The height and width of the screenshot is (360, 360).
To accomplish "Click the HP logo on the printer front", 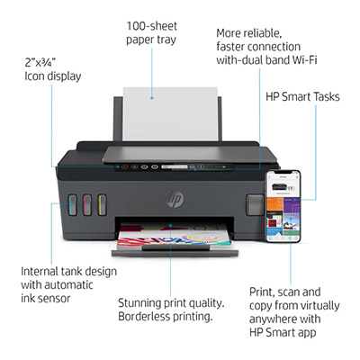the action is click(x=175, y=198).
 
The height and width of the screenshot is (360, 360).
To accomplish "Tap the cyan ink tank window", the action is click(x=72, y=205).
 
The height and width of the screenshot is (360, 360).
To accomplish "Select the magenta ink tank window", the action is click(x=87, y=205).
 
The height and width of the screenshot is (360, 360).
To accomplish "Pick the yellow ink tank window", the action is click(x=102, y=205).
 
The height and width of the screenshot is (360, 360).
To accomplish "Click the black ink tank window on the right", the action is click(x=255, y=205).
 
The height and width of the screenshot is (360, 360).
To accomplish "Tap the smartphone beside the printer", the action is click(x=283, y=206).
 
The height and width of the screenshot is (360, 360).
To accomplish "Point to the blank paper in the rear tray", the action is click(x=170, y=114).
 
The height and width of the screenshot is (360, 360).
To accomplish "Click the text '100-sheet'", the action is click(x=151, y=26).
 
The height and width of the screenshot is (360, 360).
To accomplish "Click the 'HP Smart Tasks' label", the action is click(x=302, y=96).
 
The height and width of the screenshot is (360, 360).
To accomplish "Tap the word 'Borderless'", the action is click(x=144, y=316).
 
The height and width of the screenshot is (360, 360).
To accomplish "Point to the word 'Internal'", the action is click(x=40, y=271).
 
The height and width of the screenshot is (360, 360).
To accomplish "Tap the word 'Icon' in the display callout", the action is click(x=33, y=76).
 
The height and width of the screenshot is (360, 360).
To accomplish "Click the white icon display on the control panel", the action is click(x=175, y=166).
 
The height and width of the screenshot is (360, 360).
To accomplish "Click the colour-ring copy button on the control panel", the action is click(x=145, y=166).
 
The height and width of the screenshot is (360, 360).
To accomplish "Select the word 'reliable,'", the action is click(x=263, y=33).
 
